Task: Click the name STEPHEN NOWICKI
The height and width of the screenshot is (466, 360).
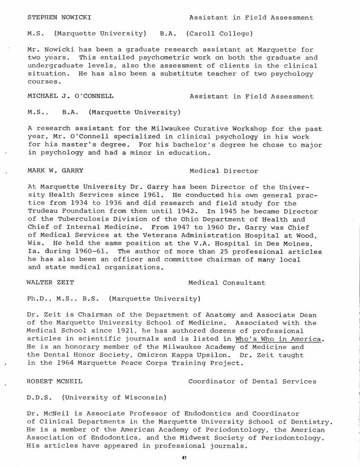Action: point(59,18)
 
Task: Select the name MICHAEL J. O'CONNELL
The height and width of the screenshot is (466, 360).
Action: point(70,96)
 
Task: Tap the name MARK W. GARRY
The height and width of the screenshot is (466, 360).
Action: point(55,171)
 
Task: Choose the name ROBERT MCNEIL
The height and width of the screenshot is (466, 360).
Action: point(54,381)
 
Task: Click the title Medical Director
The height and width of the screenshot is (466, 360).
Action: point(224,171)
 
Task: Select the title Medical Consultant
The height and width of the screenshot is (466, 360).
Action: point(227,283)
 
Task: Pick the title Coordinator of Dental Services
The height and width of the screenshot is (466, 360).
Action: point(252,381)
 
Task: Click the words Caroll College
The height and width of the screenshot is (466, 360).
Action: point(219,33)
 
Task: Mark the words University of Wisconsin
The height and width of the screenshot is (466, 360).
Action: point(114,397)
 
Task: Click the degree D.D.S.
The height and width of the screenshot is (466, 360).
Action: point(39,397)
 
